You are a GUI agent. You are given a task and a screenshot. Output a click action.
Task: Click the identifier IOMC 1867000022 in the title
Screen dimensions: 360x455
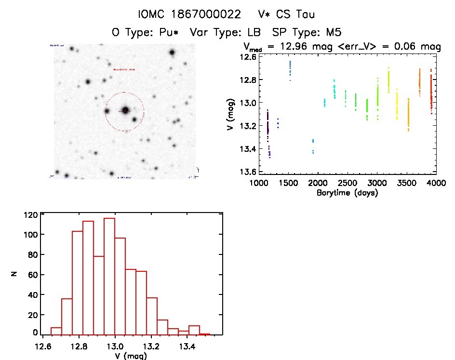click(189, 14)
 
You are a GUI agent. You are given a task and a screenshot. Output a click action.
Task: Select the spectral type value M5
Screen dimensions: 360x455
click(332, 33)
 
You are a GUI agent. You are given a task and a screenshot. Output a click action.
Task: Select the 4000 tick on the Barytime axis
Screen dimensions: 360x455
click(436, 183)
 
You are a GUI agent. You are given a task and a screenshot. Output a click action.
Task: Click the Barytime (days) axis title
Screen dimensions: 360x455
click(347, 193)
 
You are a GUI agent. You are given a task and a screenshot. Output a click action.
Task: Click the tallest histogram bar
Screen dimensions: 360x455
click(109, 276)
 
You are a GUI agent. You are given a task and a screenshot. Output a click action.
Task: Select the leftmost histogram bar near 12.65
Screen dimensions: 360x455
click(56, 331)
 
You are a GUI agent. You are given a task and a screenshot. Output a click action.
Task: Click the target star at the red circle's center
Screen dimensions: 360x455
click(125, 110)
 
